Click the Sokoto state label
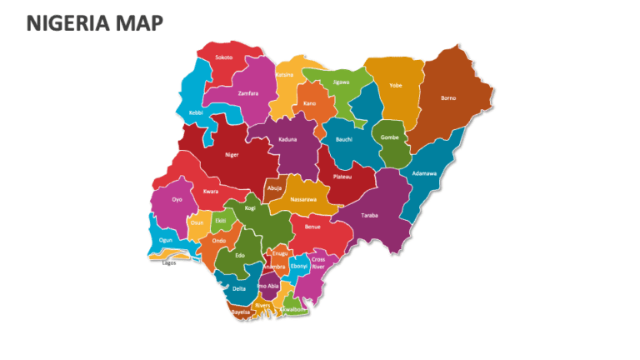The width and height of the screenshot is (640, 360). pyautogui.click(x=224, y=57)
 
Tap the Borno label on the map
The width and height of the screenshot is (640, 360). pyautogui.click(x=448, y=98)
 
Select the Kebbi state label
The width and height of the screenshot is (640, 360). pyautogui.click(x=196, y=112)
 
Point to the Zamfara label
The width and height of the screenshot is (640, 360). pyautogui.click(x=248, y=93)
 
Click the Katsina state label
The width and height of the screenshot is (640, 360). pyautogui.click(x=285, y=75)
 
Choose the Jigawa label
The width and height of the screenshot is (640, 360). pyautogui.click(x=341, y=82)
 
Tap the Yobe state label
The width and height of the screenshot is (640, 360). pyautogui.click(x=396, y=85)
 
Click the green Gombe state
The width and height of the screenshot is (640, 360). pyautogui.click(x=390, y=137)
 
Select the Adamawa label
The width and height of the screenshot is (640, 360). pyautogui.click(x=424, y=173)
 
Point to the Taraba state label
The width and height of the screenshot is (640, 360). pyautogui.click(x=370, y=216)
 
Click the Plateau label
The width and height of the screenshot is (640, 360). pyautogui.click(x=342, y=177)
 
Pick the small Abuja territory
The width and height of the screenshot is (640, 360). pyautogui.click(x=274, y=188)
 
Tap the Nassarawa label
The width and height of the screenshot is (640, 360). pyautogui.click(x=303, y=200)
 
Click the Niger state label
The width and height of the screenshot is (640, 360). pyautogui.click(x=232, y=154)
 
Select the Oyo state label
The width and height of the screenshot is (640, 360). pyautogui.click(x=177, y=200)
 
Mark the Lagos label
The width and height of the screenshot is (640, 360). pyautogui.click(x=169, y=262)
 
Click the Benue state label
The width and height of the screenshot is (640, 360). pyautogui.click(x=312, y=227)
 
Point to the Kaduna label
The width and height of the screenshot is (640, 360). pyautogui.click(x=287, y=139)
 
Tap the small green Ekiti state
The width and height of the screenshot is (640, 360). pyautogui.click(x=221, y=221)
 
